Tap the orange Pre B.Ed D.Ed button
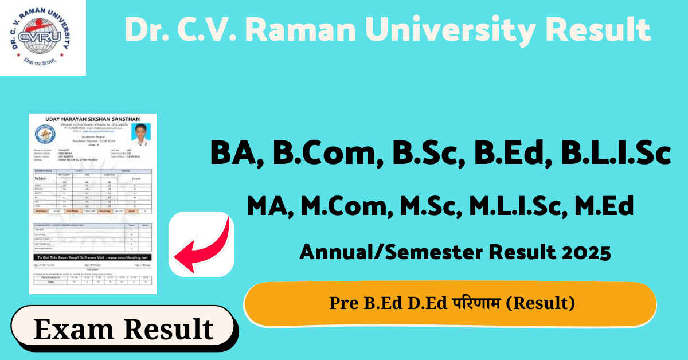[x=450, y=304]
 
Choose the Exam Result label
[x=123, y=330]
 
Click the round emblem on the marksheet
[x=44, y=135]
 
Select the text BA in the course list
[x=232, y=154]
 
